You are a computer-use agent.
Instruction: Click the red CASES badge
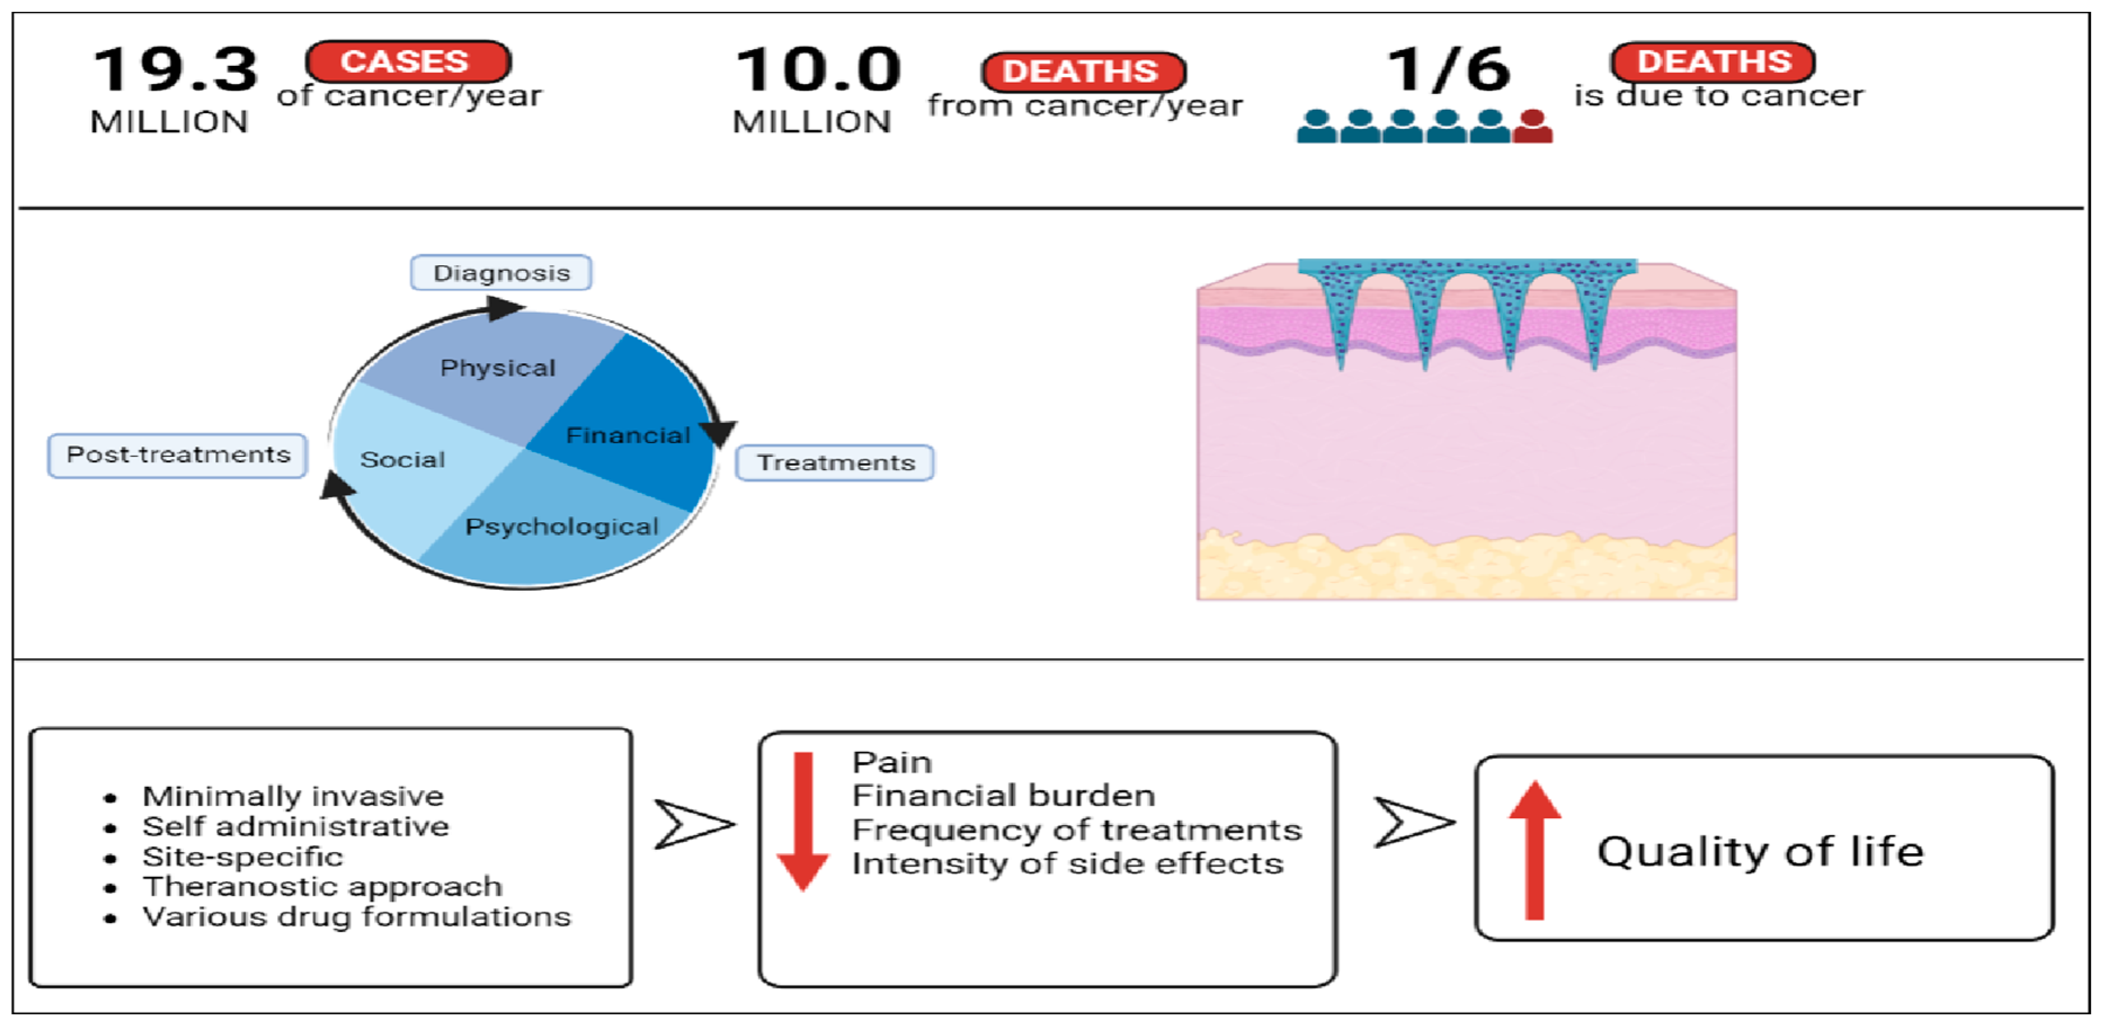coord(408,62)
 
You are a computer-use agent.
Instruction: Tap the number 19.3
coord(175,70)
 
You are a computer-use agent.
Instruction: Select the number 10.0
coord(818,70)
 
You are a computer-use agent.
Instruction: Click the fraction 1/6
coord(1448,70)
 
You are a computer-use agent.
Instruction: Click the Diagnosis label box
coord(501,273)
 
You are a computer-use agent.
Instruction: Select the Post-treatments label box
coord(178,455)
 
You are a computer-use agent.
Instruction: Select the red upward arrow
coord(1534,848)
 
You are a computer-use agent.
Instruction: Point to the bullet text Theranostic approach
coord(322,886)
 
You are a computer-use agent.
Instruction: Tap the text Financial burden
coord(1003,795)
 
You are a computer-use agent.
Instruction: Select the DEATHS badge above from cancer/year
coord(1082,72)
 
